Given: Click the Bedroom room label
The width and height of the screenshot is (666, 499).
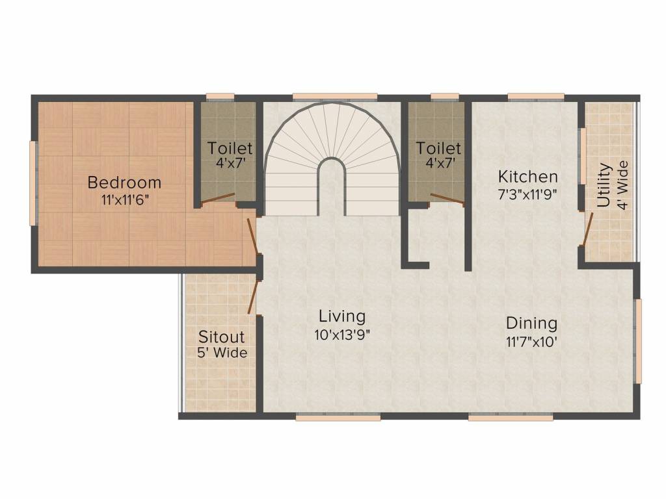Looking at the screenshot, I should [124, 182].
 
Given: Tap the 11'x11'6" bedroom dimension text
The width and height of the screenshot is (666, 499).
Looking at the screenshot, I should [126, 200].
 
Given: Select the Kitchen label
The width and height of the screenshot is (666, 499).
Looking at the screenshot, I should [527, 176].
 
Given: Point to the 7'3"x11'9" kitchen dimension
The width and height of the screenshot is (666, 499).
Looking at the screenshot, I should [527, 193].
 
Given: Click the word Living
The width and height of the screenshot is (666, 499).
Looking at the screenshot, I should [342, 316].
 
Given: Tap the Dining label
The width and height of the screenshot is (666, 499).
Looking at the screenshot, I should [531, 323].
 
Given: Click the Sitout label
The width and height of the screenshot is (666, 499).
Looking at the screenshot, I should [221, 337].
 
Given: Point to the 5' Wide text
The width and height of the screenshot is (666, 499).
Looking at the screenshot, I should [222, 353].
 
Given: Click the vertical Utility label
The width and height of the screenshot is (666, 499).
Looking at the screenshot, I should [604, 185].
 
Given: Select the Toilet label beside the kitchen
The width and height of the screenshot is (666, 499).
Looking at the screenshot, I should [439, 149].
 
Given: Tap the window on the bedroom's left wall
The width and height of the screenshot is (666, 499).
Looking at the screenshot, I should [33, 183].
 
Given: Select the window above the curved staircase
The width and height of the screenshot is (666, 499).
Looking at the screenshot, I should [334, 97].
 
